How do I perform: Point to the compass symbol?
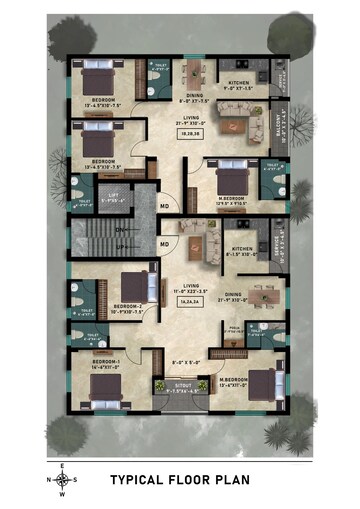pyautogui.click(x=62, y=479)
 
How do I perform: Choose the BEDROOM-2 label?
pyautogui.click(x=128, y=308)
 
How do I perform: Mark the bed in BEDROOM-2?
pyautogui.click(x=134, y=286)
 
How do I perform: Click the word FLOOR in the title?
pyautogui.click(x=199, y=480)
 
